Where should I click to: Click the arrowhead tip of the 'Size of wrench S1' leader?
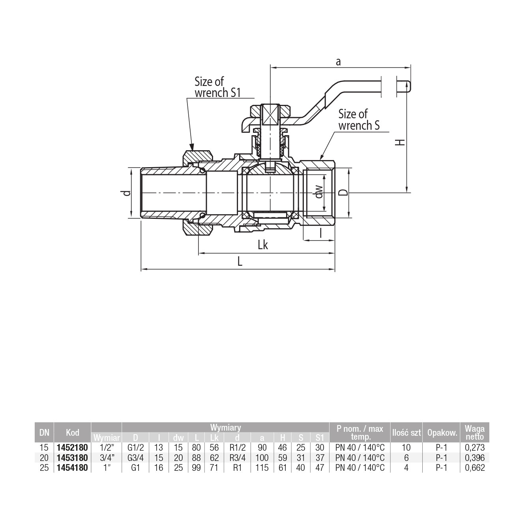pyautogui.click(x=193, y=150)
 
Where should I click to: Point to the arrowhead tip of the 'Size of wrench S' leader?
pyautogui.click(x=320, y=160)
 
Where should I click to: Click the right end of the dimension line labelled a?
pyautogui.click(x=411, y=67)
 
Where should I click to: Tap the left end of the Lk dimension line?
pyautogui.click(x=199, y=253)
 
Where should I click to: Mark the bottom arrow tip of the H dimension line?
pyautogui.click(x=406, y=192)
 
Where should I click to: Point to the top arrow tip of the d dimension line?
pyautogui.click(x=131, y=168)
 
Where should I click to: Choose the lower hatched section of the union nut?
pyautogui.click(x=198, y=228)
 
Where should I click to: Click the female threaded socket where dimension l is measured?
pyautogui.click(x=319, y=193)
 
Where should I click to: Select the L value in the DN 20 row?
pyautogui.click(x=196, y=457)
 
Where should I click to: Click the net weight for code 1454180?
pyautogui.click(x=475, y=468)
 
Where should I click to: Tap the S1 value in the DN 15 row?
pyautogui.click(x=320, y=448)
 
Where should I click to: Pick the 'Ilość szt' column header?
pyautogui.click(x=406, y=433)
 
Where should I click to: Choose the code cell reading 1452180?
pyautogui.click(x=72, y=448)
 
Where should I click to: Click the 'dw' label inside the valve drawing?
pyautogui.click(x=319, y=192)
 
